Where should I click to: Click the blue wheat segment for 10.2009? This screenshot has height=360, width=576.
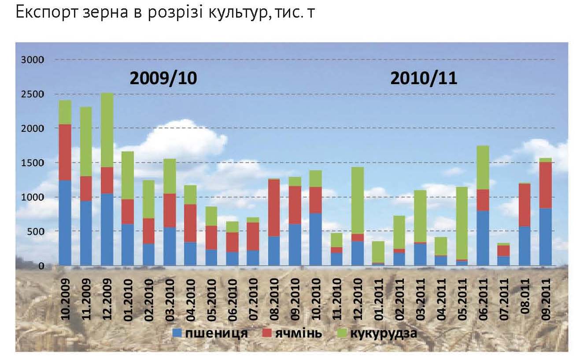click(65, 223)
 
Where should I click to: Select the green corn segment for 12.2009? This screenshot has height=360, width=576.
click(107, 130)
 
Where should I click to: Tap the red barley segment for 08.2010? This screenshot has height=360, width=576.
click(274, 208)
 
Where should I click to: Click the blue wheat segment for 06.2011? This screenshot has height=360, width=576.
click(483, 238)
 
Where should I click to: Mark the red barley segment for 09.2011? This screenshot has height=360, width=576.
click(546, 185)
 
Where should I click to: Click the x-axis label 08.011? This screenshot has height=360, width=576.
click(525, 293)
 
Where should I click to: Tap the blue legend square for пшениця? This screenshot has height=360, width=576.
click(177, 333)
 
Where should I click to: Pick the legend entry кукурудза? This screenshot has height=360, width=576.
click(383, 333)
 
